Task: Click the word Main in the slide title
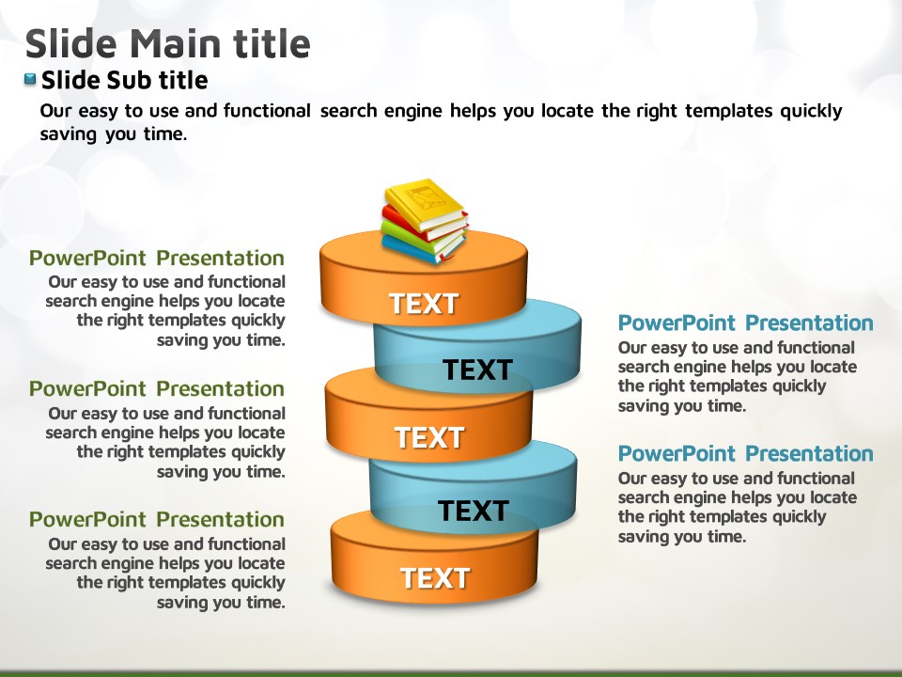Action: (177, 44)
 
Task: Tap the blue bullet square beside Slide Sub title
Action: (30, 79)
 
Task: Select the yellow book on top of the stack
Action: (425, 204)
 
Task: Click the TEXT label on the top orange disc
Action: (424, 304)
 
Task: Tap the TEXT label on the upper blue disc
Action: (477, 370)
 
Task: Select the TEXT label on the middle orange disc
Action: (429, 437)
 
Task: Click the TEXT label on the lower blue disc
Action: (473, 511)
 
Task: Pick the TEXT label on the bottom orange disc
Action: (435, 578)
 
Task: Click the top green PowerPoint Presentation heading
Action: (157, 258)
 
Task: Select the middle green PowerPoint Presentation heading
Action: (157, 388)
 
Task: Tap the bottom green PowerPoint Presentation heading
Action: (157, 519)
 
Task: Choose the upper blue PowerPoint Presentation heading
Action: (745, 323)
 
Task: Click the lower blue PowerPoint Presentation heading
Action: (745, 453)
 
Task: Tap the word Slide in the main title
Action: (71, 44)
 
